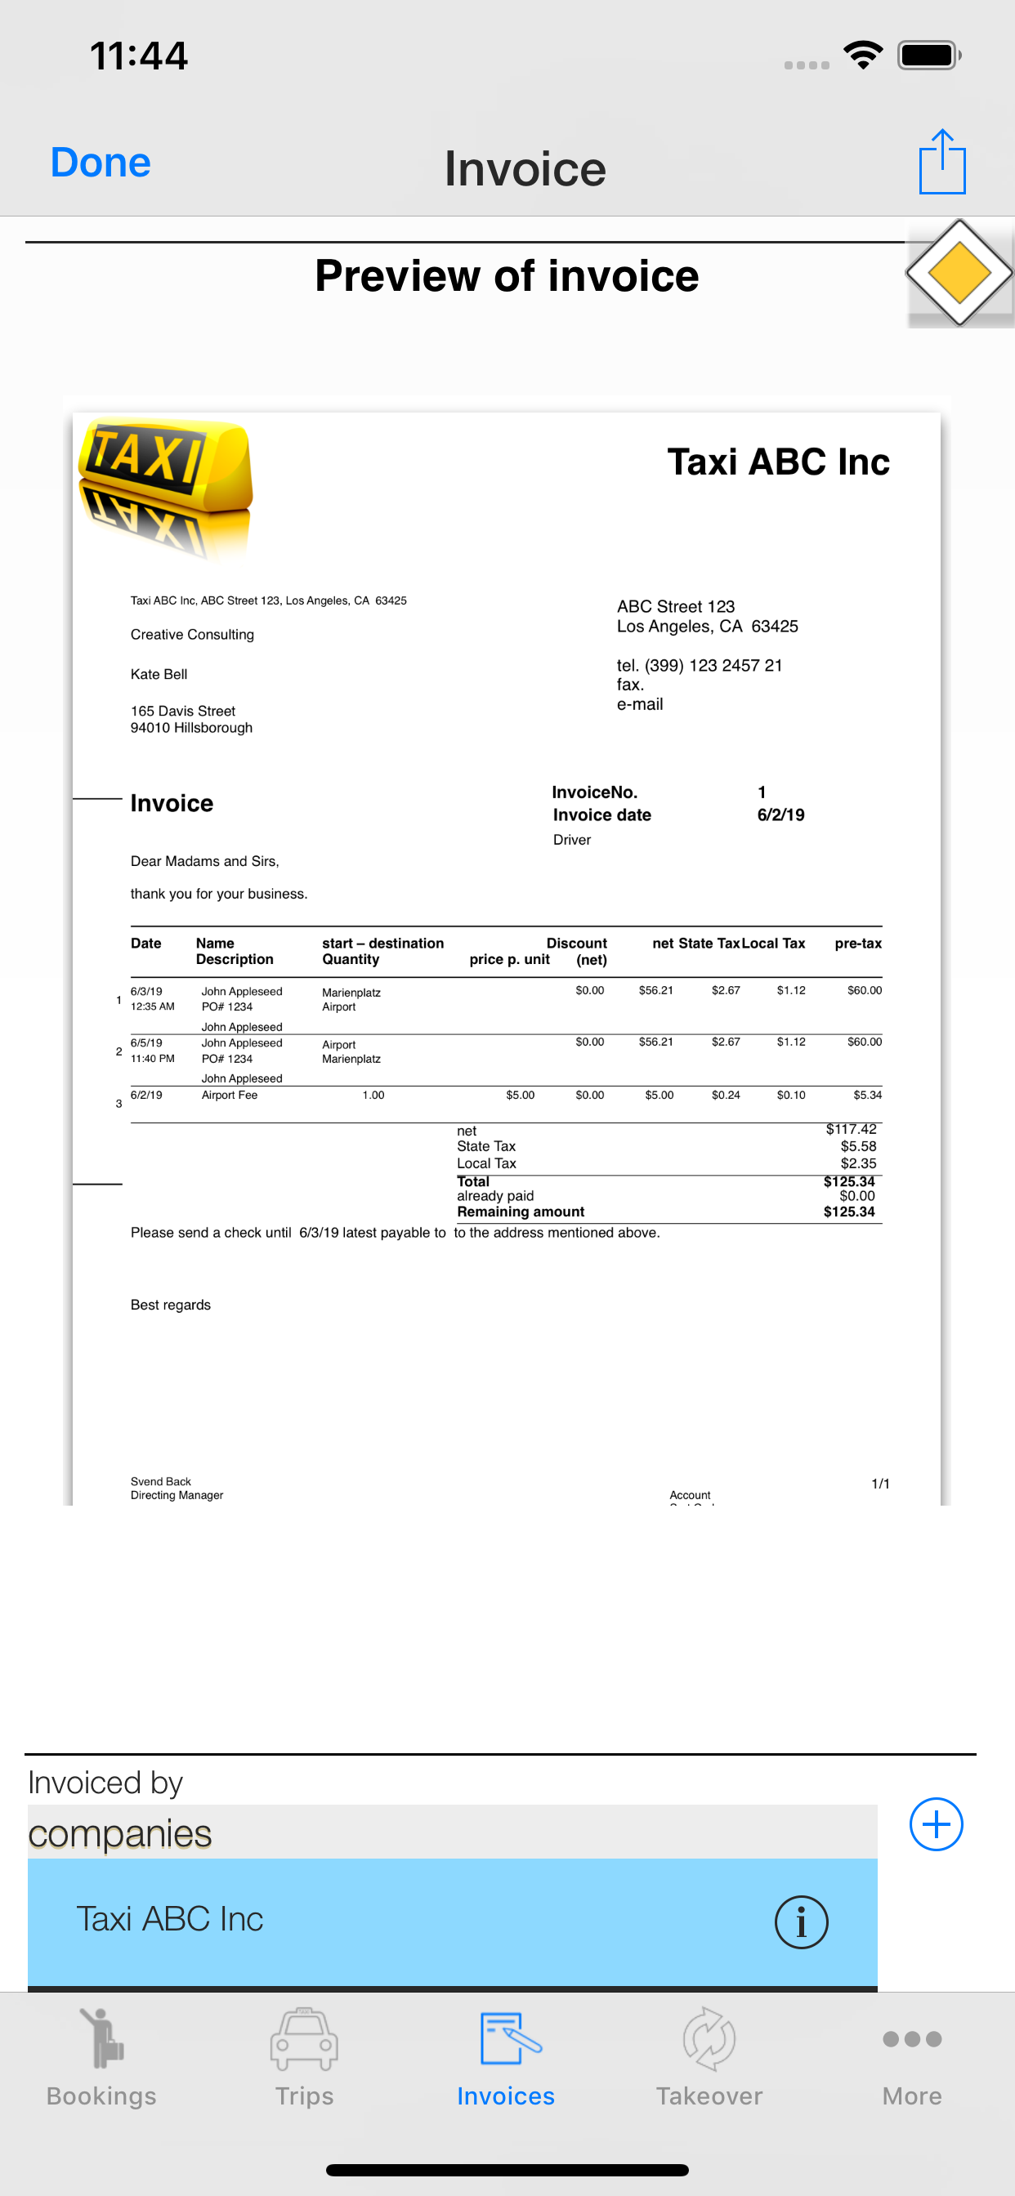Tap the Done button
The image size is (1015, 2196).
pos(101,163)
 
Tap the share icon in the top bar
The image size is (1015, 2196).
pos(941,162)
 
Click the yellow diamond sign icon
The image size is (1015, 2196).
pos(959,274)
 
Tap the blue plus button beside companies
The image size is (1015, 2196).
pos(936,1823)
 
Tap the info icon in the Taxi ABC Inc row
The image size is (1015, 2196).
pos(800,1921)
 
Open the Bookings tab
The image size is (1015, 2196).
pos(101,2055)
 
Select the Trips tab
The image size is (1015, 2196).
pos(305,2055)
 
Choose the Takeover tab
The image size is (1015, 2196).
pos(709,2055)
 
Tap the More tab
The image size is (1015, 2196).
pos(912,2055)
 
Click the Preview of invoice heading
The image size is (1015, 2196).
pos(507,276)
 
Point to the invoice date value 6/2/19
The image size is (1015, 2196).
pos(780,815)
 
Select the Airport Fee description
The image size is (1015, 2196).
pos(230,1096)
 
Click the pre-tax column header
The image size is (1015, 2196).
pos(857,944)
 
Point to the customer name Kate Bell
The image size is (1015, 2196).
pos(159,674)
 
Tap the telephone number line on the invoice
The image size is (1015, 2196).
pos(700,666)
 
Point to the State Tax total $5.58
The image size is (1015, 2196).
pos(858,1146)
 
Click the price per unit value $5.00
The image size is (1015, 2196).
pos(521,1096)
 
